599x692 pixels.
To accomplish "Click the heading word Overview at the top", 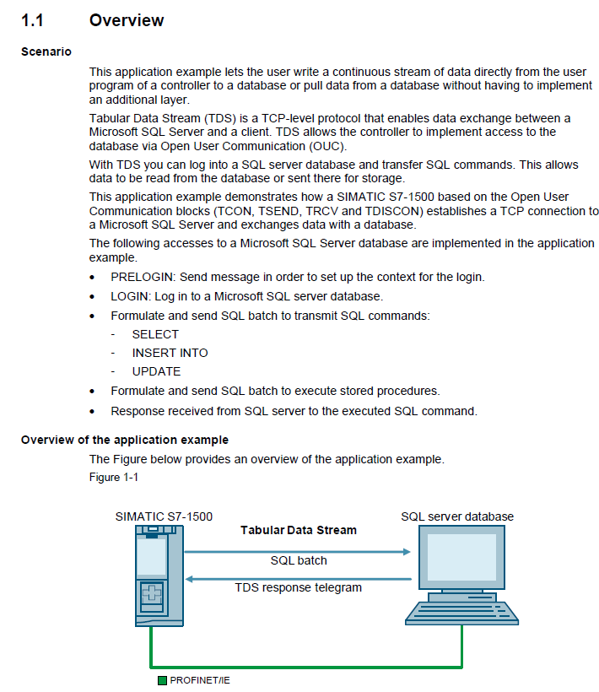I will tap(127, 19).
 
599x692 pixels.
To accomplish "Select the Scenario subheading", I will tap(46, 51).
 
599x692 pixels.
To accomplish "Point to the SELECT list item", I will tap(155, 334).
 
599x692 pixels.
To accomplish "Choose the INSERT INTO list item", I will tap(170, 353).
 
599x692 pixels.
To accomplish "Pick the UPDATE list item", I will tap(156, 371).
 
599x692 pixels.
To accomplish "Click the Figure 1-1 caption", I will tap(113, 478).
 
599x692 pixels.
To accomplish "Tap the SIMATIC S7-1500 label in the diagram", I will tap(164, 516).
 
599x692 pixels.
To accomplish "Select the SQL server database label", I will tap(457, 516).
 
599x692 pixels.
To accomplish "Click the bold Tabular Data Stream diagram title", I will tap(299, 531).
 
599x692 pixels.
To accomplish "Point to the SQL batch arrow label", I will tap(299, 560).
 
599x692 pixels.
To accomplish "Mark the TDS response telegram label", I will tap(299, 587).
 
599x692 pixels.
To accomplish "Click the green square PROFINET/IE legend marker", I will tap(162, 680).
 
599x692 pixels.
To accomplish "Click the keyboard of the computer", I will tap(461, 613).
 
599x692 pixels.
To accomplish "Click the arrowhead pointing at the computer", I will tap(406, 551).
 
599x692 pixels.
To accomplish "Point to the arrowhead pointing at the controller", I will tap(191, 579).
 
